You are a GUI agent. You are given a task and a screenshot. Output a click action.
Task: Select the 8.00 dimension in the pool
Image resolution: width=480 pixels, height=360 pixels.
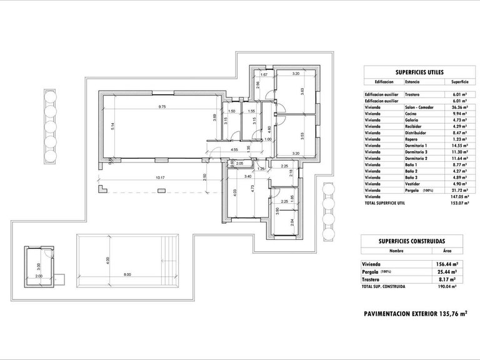127,274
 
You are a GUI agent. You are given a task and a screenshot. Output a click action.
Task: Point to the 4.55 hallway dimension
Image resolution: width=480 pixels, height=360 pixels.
234,151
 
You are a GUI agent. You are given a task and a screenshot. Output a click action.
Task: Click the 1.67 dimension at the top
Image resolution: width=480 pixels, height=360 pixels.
264,75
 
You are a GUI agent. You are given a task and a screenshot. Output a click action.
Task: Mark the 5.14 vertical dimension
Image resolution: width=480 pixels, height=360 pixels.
111,125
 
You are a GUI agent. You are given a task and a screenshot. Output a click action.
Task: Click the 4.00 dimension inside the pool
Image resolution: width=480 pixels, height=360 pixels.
107,259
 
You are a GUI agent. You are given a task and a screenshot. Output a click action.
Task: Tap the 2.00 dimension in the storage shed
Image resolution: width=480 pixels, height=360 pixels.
39,276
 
